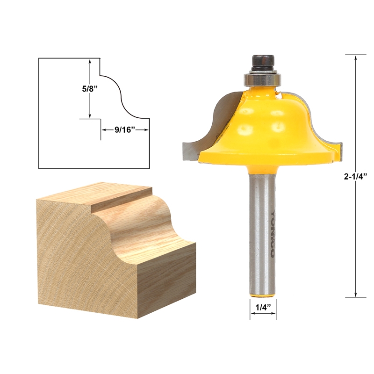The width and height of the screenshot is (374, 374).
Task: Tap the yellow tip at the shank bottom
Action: [x=263, y=293]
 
